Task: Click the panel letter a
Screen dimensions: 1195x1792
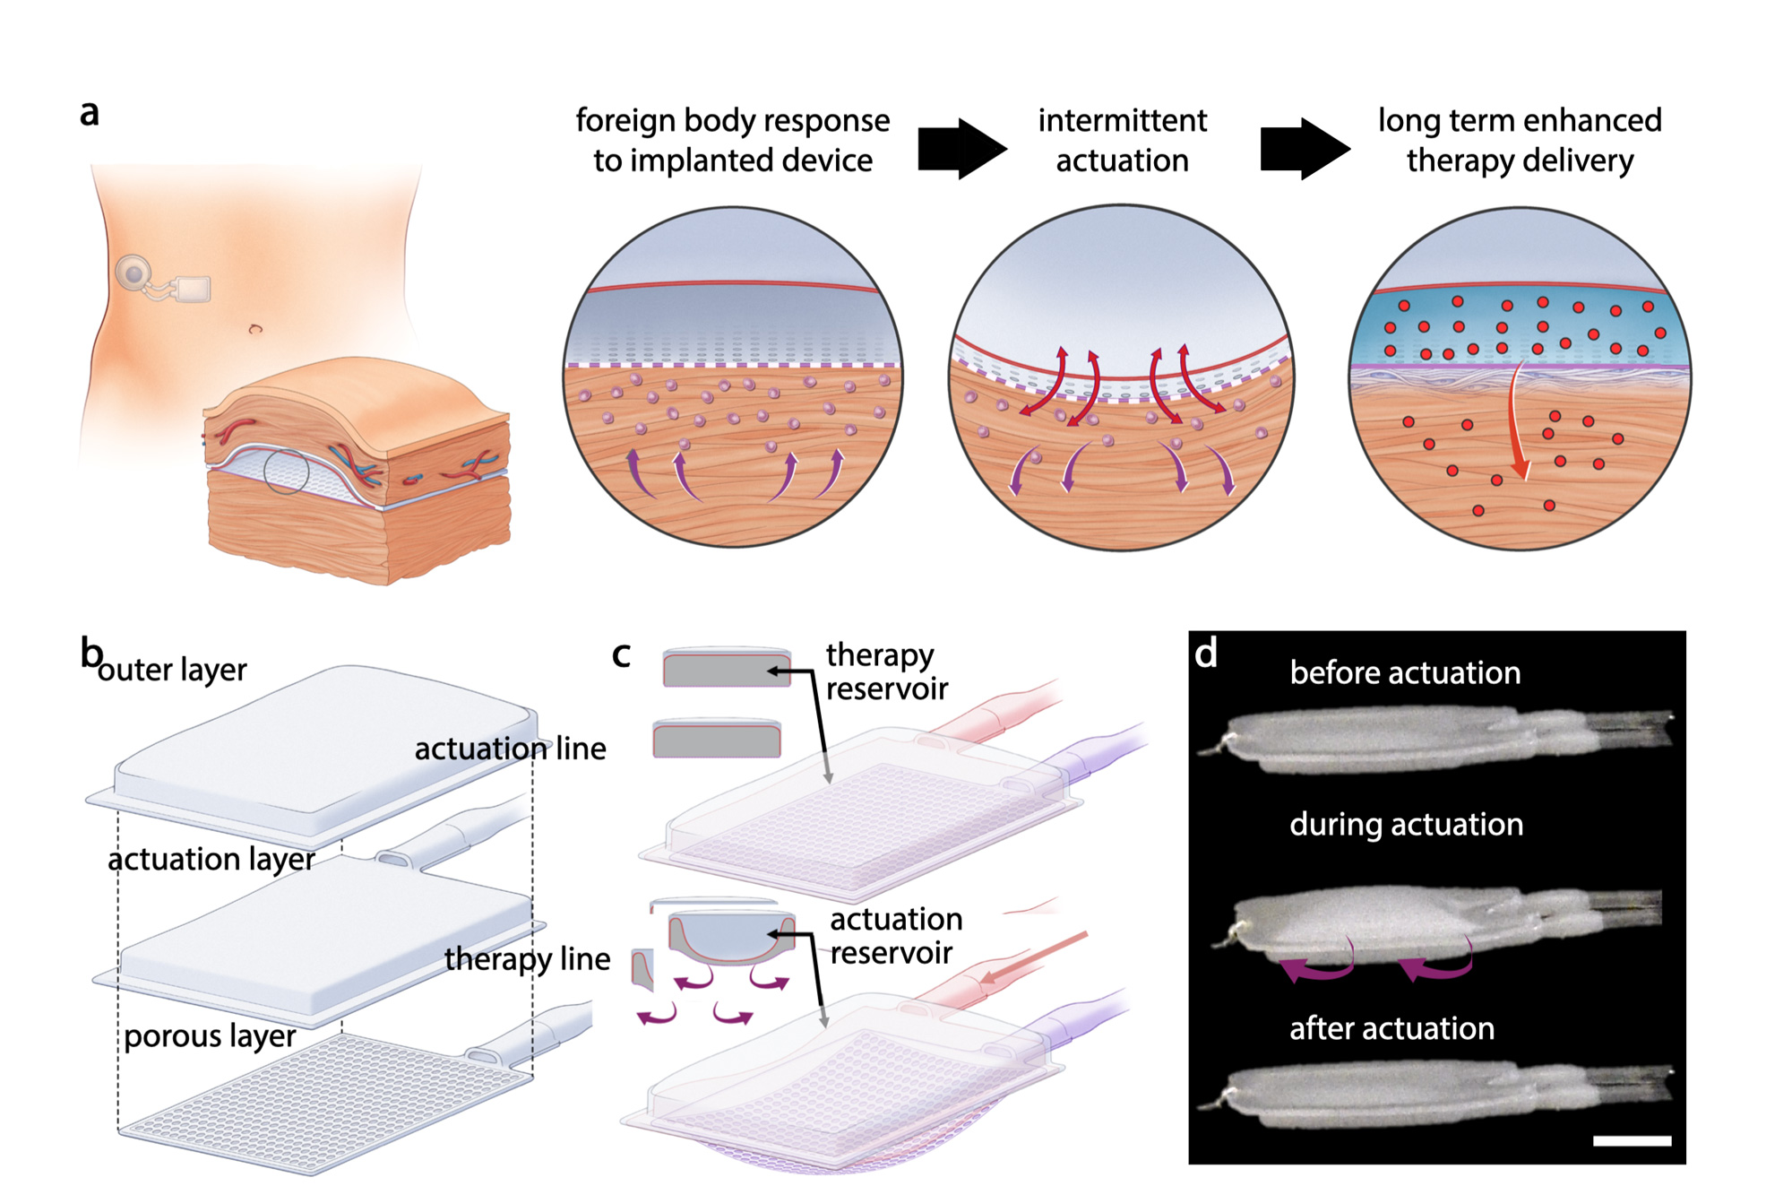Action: pos(89,114)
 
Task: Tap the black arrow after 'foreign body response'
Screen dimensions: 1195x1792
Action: pos(961,148)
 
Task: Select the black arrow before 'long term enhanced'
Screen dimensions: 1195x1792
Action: pos(1304,148)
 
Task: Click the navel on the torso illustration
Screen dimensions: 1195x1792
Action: pos(255,329)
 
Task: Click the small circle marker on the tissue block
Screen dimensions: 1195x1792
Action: pos(286,472)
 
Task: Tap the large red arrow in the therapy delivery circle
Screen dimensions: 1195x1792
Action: pos(1517,421)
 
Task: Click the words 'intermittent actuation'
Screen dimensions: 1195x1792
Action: pos(1122,140)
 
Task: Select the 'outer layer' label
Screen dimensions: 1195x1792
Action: pos(172,670)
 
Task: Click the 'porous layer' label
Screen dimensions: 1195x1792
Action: pos(210,1035)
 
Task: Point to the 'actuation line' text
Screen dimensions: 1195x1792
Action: pos(510,749)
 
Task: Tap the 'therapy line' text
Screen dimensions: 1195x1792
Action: pos(527,959)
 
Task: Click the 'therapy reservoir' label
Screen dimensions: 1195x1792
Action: pos(885,671)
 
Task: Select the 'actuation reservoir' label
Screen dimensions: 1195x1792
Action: pos(894,936)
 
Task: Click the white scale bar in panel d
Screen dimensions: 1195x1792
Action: pos(1632,1141)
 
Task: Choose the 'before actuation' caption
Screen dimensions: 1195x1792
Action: pos(1405,672)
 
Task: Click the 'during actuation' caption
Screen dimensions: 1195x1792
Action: pos(1406,824)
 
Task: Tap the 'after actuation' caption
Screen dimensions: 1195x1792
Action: pos(1391,1028)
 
